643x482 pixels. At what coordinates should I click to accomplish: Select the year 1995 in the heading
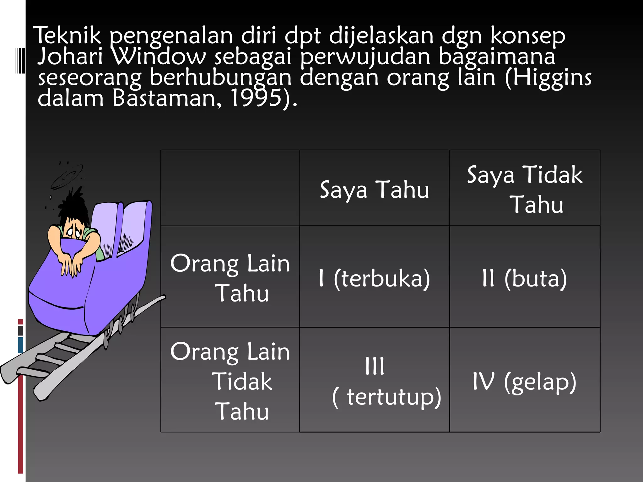pos(256,98)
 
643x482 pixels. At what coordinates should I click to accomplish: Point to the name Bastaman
pos(164,98)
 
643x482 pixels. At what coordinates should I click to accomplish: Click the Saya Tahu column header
pos(374,190)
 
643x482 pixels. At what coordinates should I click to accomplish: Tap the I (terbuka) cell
pos(374,278)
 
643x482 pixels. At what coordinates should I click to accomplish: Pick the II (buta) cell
pos(525,278)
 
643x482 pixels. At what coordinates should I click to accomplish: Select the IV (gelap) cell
pos(525,381)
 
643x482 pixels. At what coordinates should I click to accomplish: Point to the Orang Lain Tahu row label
pos(230,278)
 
